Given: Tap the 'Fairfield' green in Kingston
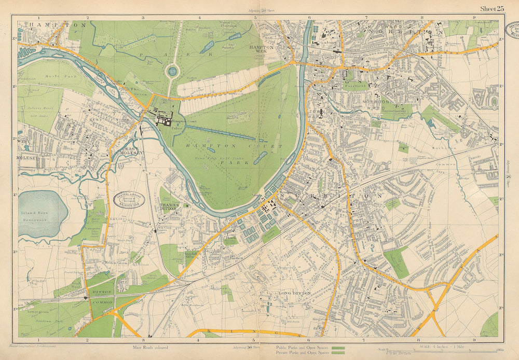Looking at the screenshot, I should click(355, 85).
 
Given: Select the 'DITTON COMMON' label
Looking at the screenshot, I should click(102, 296).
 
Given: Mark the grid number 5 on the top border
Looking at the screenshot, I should click(255, 18).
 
